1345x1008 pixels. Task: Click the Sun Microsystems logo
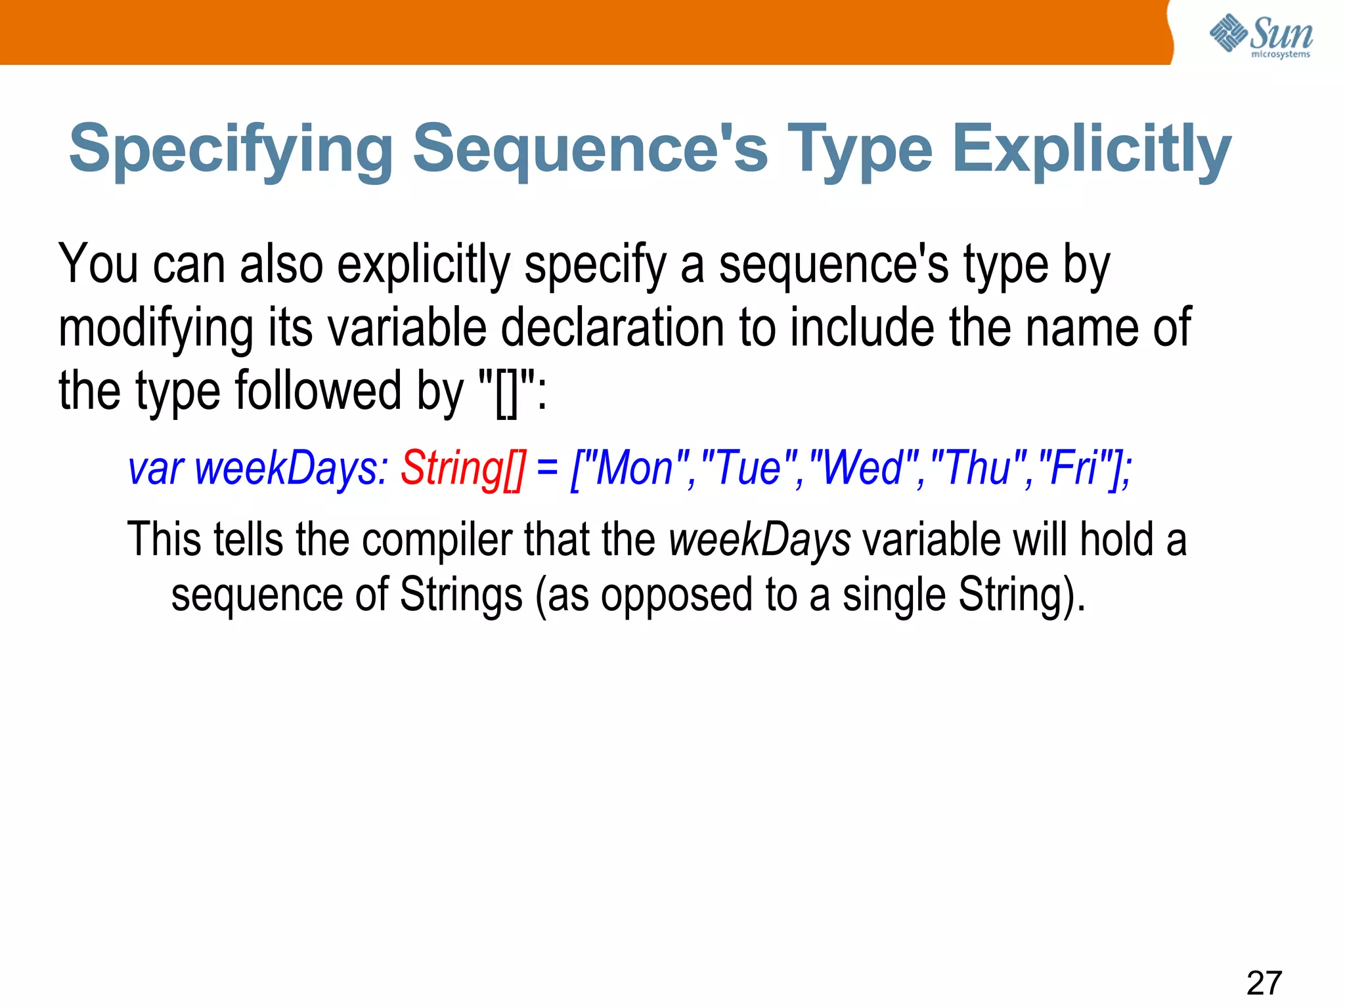[1261, 35]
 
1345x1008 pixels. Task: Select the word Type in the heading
[860, 150]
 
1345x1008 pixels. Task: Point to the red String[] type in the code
[463, 469]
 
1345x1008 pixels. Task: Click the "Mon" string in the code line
[634, 469]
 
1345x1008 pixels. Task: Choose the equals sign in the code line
[547, 469]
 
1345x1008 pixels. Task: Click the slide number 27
[1264, 982]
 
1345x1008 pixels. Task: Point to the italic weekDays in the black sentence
[760, 539]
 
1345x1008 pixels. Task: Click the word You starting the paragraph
[99, 264]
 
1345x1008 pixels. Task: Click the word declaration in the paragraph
[613, 327]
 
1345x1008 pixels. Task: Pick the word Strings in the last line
[461, 595]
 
